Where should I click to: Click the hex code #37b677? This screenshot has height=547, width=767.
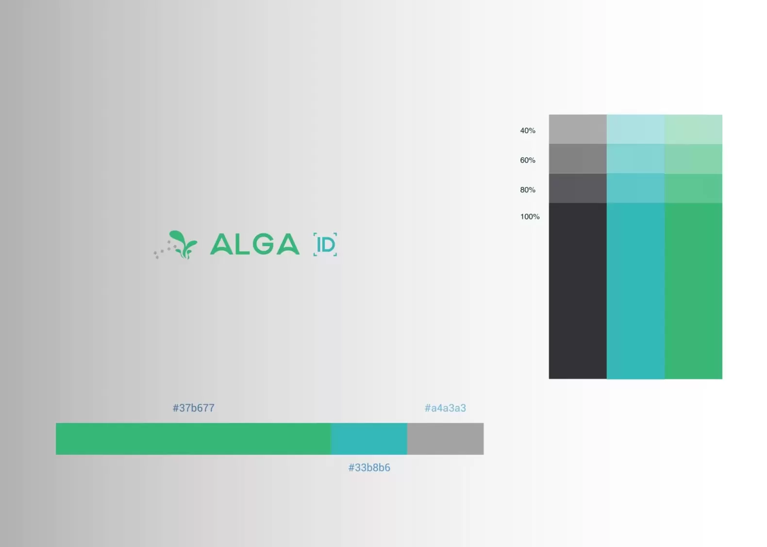(194, 408)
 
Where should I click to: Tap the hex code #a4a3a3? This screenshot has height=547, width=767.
(445, 408)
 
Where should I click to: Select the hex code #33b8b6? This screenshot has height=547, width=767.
(369, 467)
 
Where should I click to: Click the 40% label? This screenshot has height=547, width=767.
(528, 131)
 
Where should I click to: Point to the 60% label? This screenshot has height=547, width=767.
(528, 160)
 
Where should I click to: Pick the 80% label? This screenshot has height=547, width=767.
(528, 190)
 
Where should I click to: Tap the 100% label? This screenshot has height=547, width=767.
(530, 217)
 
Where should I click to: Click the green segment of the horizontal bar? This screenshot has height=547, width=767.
(194, 439)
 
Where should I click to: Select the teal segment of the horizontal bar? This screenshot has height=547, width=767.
(369, 439)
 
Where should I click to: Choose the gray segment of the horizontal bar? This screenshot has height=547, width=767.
(446, 439)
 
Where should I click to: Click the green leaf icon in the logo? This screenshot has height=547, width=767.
(183, 244)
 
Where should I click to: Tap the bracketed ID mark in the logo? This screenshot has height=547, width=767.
(325, 244)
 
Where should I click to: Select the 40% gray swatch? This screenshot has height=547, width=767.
(578, 129)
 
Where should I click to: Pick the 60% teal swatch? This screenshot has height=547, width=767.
(635, 159)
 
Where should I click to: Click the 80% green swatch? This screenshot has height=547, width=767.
(693, 188)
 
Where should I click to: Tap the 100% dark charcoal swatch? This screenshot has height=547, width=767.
(578, 291)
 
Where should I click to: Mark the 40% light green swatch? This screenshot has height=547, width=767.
(693, 129)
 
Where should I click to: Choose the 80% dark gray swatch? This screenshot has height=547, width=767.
(578, 188)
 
